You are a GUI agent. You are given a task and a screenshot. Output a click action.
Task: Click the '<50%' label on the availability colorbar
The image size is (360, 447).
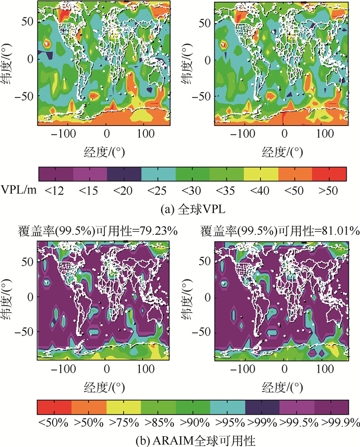(x=55, y=423)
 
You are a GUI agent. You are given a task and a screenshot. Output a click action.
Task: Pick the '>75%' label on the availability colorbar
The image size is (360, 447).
(x=123, y=423)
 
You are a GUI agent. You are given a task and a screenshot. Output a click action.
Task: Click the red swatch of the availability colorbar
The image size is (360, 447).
(x=55, y=407)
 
